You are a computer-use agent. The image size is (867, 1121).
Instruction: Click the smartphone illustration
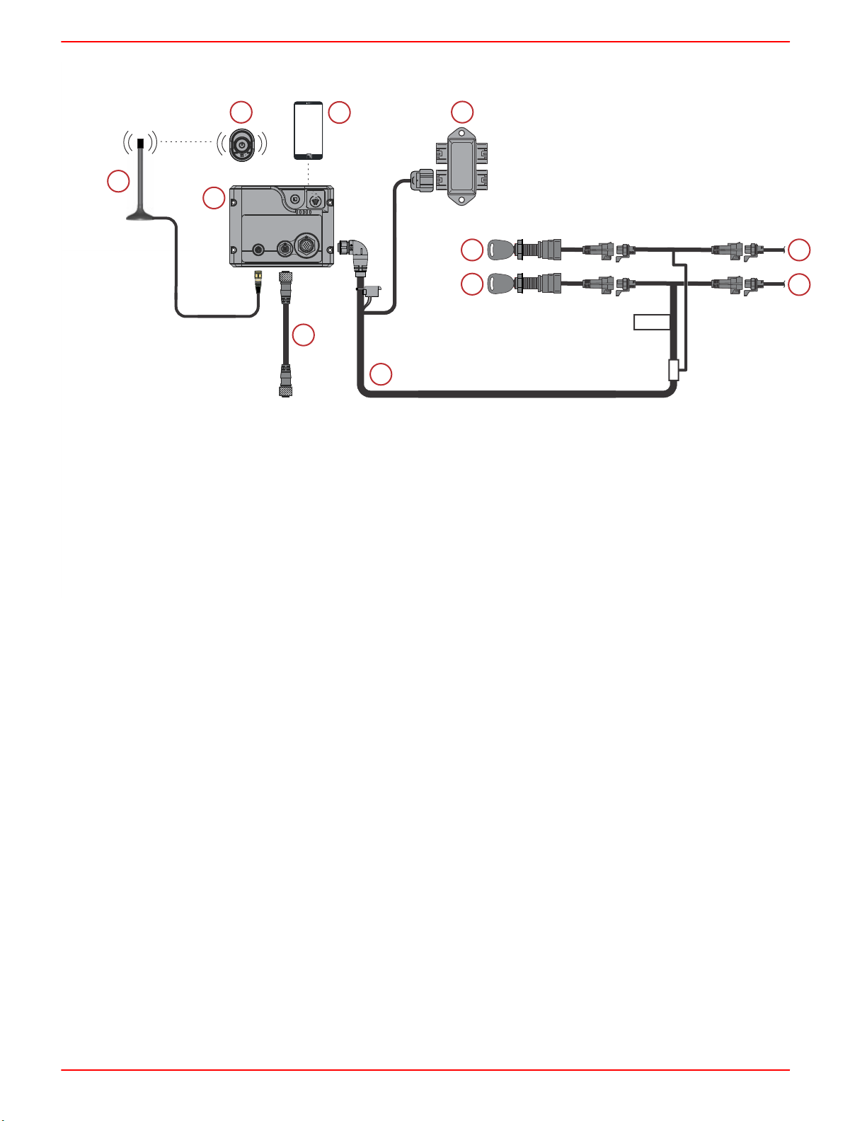coord(309,131)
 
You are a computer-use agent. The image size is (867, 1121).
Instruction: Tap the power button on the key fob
coord(241,144)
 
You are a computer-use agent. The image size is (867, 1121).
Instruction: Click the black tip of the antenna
coord(140,143)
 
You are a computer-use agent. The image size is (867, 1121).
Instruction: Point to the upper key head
coord(500,250)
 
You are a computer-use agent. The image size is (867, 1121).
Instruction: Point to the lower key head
coord(500,284)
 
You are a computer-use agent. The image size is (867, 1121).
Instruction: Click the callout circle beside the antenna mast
coord(118,181)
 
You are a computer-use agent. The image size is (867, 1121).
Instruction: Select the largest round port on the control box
coord(309,248)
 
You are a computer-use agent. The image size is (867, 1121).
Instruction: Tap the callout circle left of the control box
coord(213,199)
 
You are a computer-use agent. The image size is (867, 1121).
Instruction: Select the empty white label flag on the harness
coord(651,323)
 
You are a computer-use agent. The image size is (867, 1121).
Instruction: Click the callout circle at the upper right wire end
coord(799,250)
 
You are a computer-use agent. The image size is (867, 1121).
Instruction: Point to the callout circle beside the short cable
coord(304,335)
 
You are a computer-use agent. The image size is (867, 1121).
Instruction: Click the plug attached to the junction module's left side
coord(422,182)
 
